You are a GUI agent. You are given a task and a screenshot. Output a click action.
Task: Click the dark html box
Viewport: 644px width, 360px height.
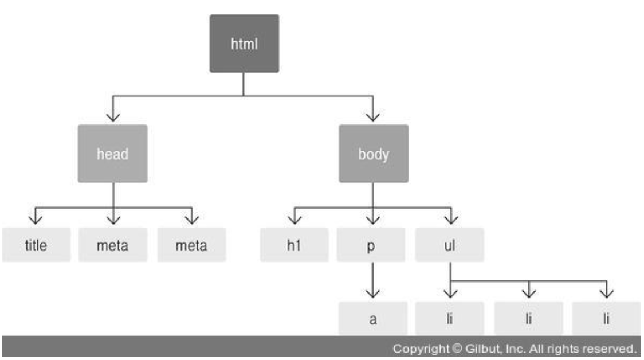click(x=244, y=44)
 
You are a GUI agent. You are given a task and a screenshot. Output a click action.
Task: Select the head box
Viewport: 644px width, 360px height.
click(x=112, y=154)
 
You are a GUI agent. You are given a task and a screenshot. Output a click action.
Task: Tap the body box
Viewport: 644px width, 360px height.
click(x=374, y=154)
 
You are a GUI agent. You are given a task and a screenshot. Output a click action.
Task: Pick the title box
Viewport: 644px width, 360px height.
click(x=36, y=245)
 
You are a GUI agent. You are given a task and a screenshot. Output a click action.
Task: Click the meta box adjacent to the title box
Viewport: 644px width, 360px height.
click(x=112, y=245)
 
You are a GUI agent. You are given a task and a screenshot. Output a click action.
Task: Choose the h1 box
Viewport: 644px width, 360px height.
click(x=294, y=245)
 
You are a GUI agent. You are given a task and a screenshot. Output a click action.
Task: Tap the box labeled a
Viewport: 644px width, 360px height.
click(x=373, y=318)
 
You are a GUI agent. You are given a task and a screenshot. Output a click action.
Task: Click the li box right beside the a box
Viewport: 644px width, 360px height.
click(x=451, y=318)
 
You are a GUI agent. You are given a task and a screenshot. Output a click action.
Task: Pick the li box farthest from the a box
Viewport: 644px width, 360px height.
click(x=606, y=318)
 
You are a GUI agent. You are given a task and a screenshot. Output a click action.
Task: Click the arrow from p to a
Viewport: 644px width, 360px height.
click(x=373, y=281)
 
